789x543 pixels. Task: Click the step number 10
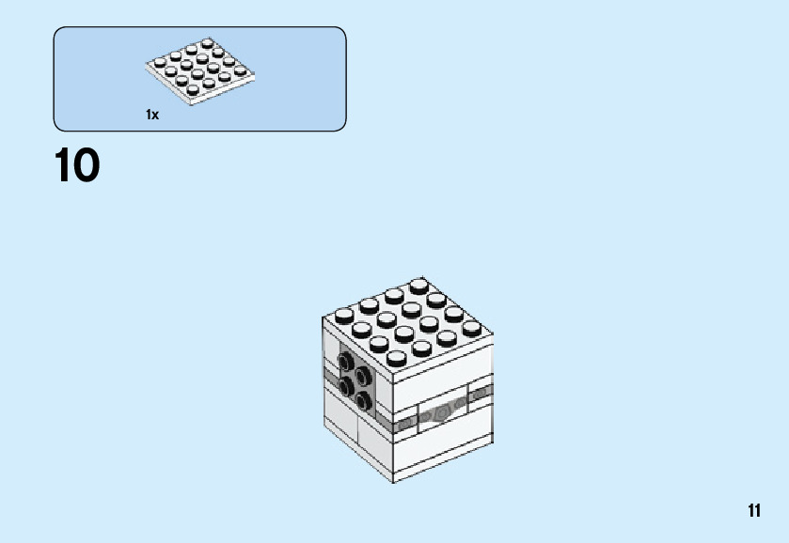(77, 166)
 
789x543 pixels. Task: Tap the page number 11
(754, 511)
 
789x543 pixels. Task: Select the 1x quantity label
(152, 115)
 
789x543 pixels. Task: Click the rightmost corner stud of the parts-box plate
(243, 72)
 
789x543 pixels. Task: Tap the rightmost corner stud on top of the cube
(472, 328)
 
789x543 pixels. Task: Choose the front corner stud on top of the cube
(397, 359)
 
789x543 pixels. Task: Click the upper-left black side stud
(347, 364)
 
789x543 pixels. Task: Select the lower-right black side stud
(364, 401)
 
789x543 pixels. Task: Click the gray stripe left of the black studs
(330, 374)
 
